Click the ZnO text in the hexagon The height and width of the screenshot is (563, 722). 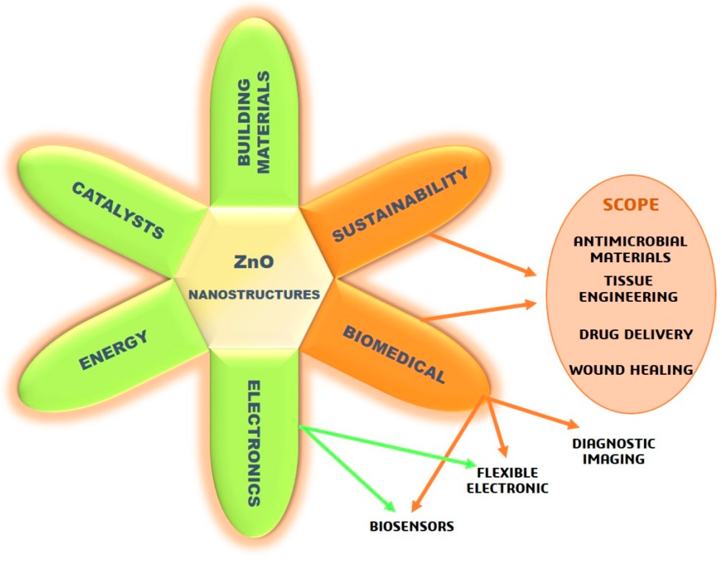coord(254,262)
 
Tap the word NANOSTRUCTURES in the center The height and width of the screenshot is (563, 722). coord(254,294)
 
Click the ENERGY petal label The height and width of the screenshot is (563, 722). coord(113,350)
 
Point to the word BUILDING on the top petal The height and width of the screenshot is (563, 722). coord(244,122)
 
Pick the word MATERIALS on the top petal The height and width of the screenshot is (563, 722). coord(264,122)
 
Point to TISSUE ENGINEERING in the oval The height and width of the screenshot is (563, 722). coord(628,289)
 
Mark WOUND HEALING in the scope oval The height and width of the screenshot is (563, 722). coord(631,370)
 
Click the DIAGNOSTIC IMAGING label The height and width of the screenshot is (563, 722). coord(614,451)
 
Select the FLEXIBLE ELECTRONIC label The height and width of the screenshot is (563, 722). coord(507,480)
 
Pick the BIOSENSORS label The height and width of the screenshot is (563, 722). coord(412,526)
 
